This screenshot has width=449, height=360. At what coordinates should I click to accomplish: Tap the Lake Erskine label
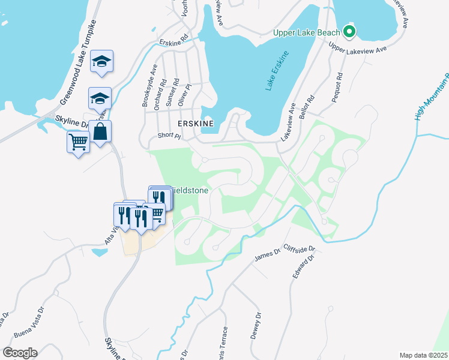pyautogui.click(x=277, y=71)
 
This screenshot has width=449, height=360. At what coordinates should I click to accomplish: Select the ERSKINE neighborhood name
pyautogui.click(x=196, y=122)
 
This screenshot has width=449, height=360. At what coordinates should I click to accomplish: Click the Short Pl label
pyautogui.click(x=169, y=136)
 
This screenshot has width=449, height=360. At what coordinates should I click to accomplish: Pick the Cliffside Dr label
pyautogui.click(x=299, y=248)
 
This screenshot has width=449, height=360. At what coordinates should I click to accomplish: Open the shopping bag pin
pyautogui.click(x=100, y=131)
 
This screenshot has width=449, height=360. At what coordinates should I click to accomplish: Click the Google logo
pyautogui.click(x=20, y=353)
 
